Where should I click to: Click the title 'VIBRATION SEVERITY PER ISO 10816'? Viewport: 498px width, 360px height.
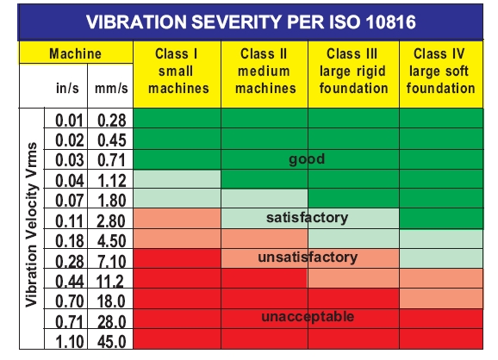(x=250, y=21)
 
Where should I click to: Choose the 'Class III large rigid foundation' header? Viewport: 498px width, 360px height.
(x=352, y=71)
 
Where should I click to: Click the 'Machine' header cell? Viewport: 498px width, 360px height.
(x=75, y=53)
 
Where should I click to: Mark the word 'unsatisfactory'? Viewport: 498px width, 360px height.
(x=308, y=258)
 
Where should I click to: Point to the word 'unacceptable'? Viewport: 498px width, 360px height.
(x=308, y=317)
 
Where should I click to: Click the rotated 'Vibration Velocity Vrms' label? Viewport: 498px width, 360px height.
(x=31, y=228)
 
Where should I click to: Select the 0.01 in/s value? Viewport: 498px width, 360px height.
(x=72, y=121)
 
